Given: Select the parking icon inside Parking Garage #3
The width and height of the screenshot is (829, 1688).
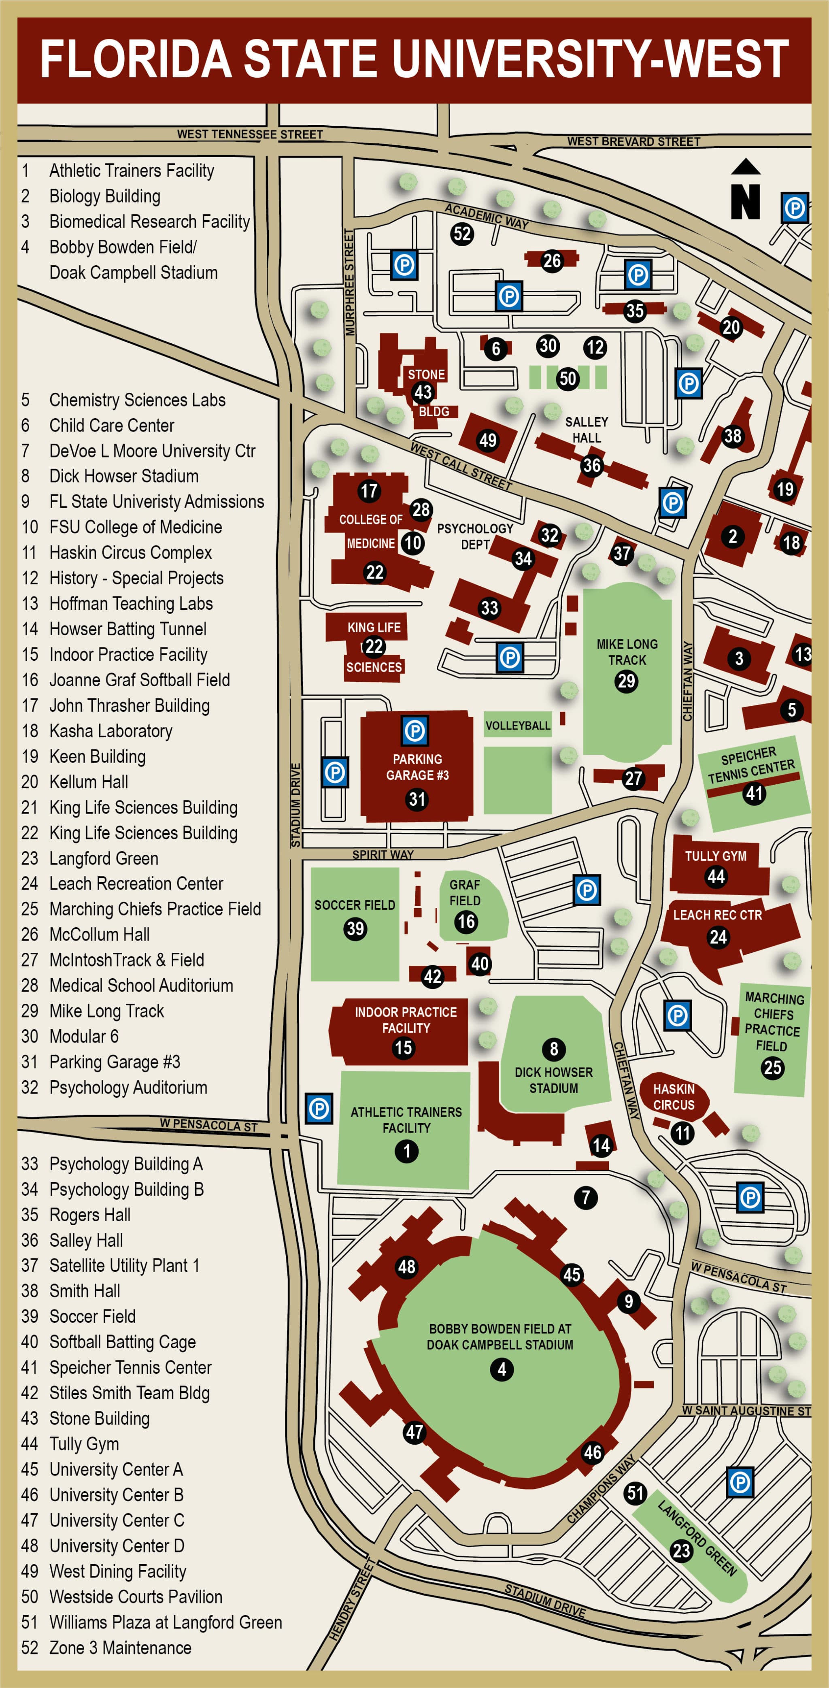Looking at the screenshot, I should tap(414, 731).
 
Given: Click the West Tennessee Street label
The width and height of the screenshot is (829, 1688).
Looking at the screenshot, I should tap(250, 134).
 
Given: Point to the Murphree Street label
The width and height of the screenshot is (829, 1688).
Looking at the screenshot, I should tap(350, 282).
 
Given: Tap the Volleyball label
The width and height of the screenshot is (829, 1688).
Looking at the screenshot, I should tap(518, 726).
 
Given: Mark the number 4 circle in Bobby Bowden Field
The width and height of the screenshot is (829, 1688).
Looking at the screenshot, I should tap(502, 1369).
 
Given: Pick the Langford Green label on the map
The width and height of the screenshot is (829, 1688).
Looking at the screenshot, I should tap(697, 1537).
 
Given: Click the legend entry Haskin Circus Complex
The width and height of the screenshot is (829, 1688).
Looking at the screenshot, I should tap(130, 552).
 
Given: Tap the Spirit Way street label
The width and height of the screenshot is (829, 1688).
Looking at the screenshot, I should tap(383, 854).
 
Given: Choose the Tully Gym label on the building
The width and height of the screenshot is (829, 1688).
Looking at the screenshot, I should tap(716, 856).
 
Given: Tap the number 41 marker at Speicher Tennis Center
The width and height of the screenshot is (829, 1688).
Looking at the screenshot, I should tap(754, 794).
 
